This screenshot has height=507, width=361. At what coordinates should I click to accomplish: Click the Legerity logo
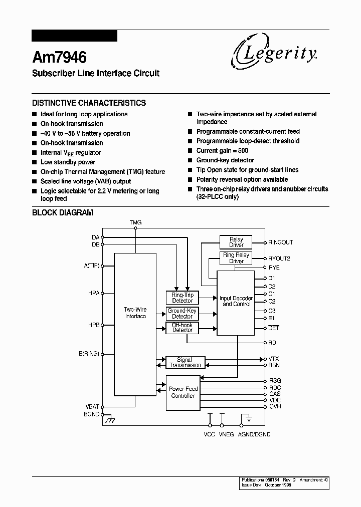coord(274,53)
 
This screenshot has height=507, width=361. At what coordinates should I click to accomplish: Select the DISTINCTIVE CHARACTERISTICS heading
coord(89,103)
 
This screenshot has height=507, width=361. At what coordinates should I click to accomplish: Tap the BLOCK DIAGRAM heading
coord(63,212)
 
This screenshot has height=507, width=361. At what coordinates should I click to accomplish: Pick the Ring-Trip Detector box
coord(182,298)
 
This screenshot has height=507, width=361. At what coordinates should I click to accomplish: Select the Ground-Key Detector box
coord(182,314)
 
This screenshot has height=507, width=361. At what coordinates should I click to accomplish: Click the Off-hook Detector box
coord(182,328)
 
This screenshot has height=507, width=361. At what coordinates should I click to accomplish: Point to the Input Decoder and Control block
coord(236,302)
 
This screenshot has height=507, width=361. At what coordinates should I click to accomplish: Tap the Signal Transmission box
coord(185,363)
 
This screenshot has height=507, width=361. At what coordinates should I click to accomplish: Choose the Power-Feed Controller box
coord(183,392)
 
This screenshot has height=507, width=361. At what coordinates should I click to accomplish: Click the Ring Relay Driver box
coord(236,258)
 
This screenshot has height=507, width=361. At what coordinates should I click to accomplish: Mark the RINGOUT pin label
coord(280,242)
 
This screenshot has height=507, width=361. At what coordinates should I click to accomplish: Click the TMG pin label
coord(135,222)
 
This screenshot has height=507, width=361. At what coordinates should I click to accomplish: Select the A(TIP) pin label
coord(91,266)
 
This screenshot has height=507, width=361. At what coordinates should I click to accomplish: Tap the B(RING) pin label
coord(89,354)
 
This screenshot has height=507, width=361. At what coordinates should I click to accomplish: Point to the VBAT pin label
coord(92,406)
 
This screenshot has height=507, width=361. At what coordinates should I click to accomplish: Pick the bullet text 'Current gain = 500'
coord(222,151)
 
